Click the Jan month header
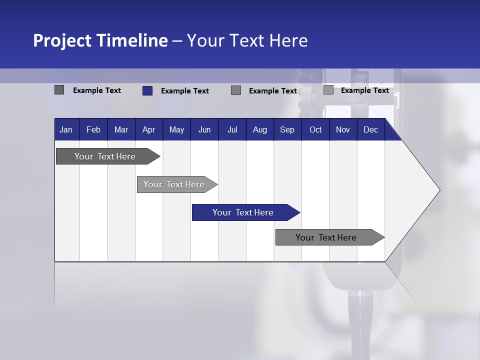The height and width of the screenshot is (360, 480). pos(66,130)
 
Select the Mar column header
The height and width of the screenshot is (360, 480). pos(121,130)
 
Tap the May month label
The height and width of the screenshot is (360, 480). pos(176,130)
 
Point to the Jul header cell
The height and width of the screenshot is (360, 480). pos(232,130)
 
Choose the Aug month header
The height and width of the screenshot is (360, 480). pos(259,130)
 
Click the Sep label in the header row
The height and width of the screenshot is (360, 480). pos(287,130)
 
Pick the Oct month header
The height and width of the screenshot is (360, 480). pos(315,130)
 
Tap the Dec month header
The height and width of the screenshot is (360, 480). pos(370,130)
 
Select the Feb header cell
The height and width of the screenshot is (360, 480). pos(93,130)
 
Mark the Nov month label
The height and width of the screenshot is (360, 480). pos(343,130)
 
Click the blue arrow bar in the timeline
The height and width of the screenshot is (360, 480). pos(243,212)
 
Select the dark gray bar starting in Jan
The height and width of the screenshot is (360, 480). pos(105,156)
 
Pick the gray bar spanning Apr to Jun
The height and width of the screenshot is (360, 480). pos(174,184)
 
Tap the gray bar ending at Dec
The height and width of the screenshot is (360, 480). pos(326,237)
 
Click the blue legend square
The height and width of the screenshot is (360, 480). pos(147,90)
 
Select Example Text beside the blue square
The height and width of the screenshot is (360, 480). pos(185,91)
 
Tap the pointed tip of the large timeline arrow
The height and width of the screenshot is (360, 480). pos(438,190)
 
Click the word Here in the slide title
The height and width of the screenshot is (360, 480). pos(288,40)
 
